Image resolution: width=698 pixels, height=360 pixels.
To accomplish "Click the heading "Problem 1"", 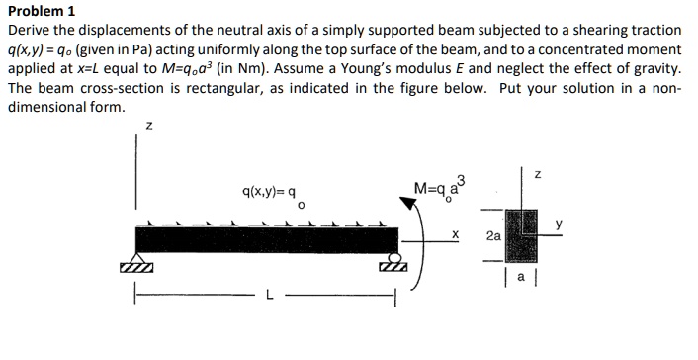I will click(41, 12).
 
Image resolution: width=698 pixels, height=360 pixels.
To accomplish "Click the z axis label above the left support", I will click(148, 126).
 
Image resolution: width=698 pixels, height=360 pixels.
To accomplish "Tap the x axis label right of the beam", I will click(453, 235).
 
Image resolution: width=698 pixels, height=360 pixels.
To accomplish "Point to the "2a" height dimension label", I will click(493, 237).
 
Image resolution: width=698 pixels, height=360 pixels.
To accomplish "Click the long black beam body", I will click(267, 240).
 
